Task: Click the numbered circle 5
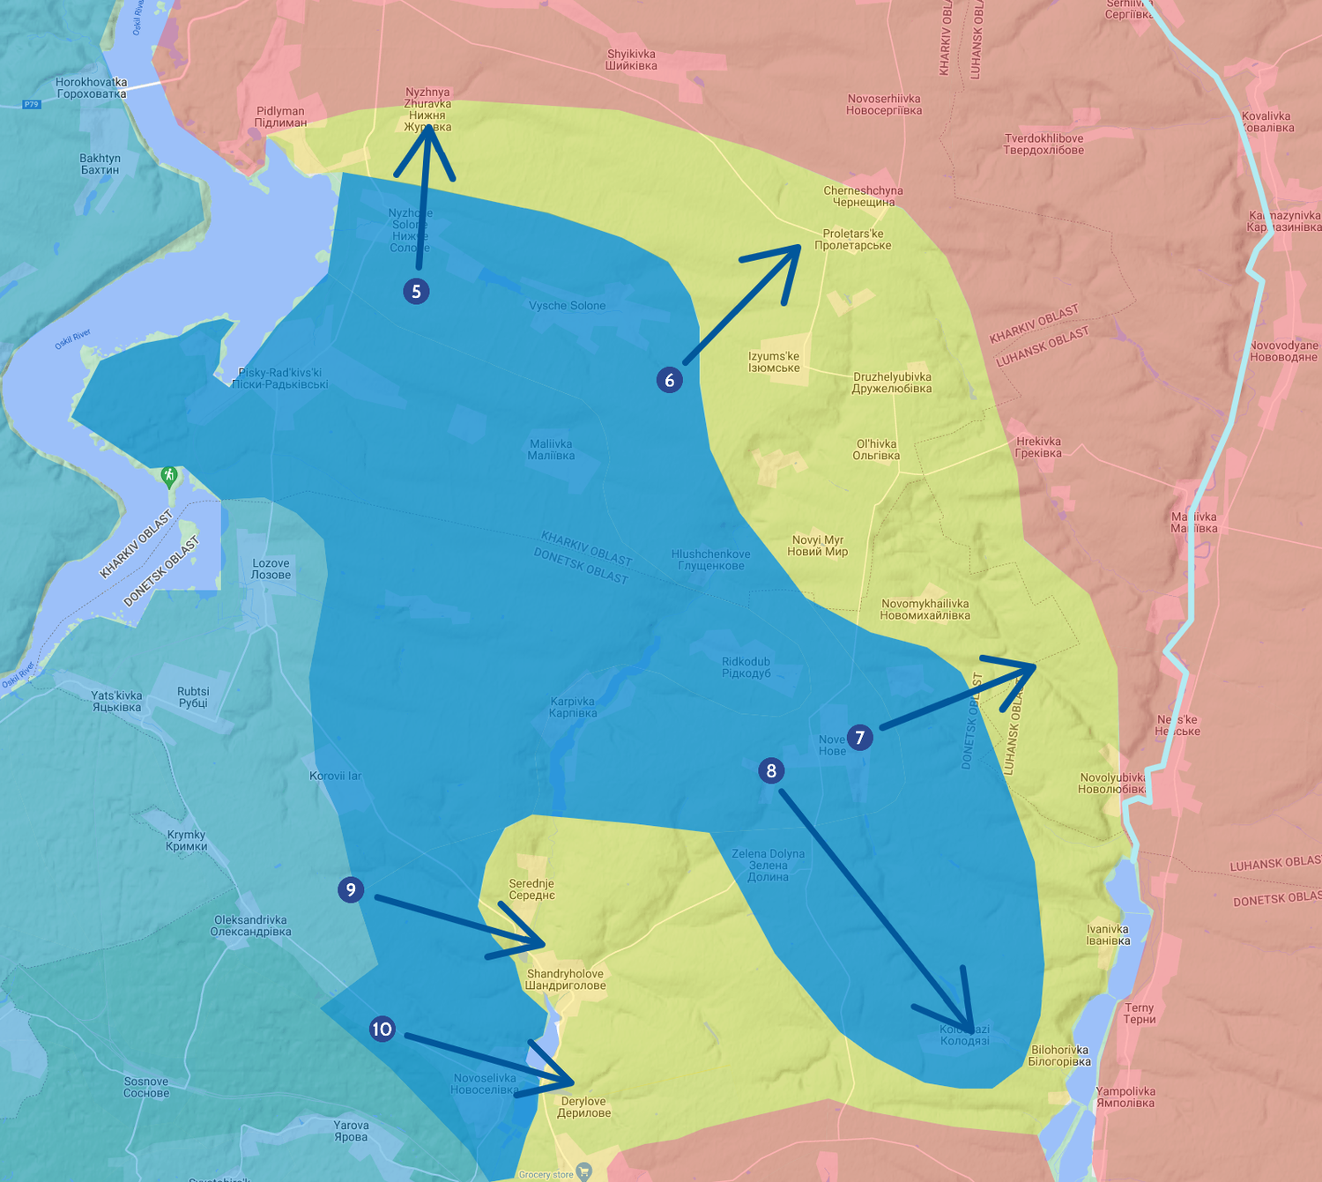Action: pos(416,291)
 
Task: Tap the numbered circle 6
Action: pos(670,380)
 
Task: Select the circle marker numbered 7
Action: pos(860,738)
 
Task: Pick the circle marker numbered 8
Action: pos(771,771)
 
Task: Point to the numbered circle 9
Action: pos(351,889)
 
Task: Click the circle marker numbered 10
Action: pos(382,1029)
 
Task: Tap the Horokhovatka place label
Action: pos(92,88)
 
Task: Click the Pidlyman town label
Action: pos(280,117)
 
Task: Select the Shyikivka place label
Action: pos(631,60)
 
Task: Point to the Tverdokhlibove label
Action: pos(1043,145)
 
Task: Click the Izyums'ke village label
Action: pos(774,362)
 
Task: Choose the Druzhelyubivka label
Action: pos(892,383)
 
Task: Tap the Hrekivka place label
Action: pos(1038,448)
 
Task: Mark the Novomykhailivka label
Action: pos(925,610)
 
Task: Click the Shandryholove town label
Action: pos(565,979)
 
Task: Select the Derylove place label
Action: pos(583,1107)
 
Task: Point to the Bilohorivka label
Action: pos(1059,1056)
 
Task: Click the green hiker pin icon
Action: pos(169,476)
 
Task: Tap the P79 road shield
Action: pos(32,104)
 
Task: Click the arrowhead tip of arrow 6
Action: pos(799,246)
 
